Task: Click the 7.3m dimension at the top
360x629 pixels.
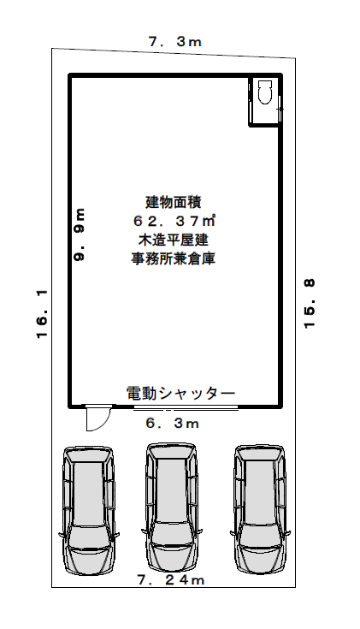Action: (175, 42)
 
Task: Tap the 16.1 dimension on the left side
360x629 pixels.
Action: (42, 314)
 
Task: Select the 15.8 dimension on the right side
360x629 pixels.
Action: (310, 304)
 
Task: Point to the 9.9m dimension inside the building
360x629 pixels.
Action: (80, 234)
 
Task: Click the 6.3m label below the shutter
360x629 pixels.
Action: (173, 424)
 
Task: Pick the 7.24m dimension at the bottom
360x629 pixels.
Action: (171, 579)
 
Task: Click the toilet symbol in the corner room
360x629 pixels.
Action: (264, 92)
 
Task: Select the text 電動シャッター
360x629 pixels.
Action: (180, 393)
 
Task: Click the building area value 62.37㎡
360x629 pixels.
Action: (174, 221)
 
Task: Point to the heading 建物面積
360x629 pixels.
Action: (174, 202)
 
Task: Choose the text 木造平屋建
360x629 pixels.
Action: (174, 240)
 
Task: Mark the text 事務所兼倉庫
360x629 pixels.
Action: (174, 258)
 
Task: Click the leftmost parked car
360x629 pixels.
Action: (89, 510)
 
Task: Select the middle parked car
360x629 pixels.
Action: (172, 507)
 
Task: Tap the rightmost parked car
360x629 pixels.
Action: (260, 508)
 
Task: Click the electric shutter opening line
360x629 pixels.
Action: (186, 408)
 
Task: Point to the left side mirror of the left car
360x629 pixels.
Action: (61, 535)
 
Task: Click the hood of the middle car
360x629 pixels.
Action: (172, 555)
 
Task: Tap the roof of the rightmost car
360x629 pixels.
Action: (259, 493)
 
